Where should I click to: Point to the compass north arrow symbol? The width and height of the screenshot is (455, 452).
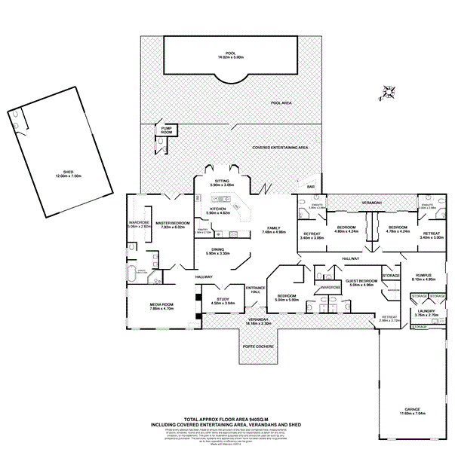click(x=389, y=93)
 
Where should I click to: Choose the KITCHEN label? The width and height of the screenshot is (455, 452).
click(x=219, y=210)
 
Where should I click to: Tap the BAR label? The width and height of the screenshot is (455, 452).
click(x=309, y=187)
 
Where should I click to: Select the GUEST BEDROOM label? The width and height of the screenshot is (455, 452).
click(x=359, y=282)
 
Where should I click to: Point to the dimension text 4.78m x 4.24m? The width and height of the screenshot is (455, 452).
click(x=397, y=232)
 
